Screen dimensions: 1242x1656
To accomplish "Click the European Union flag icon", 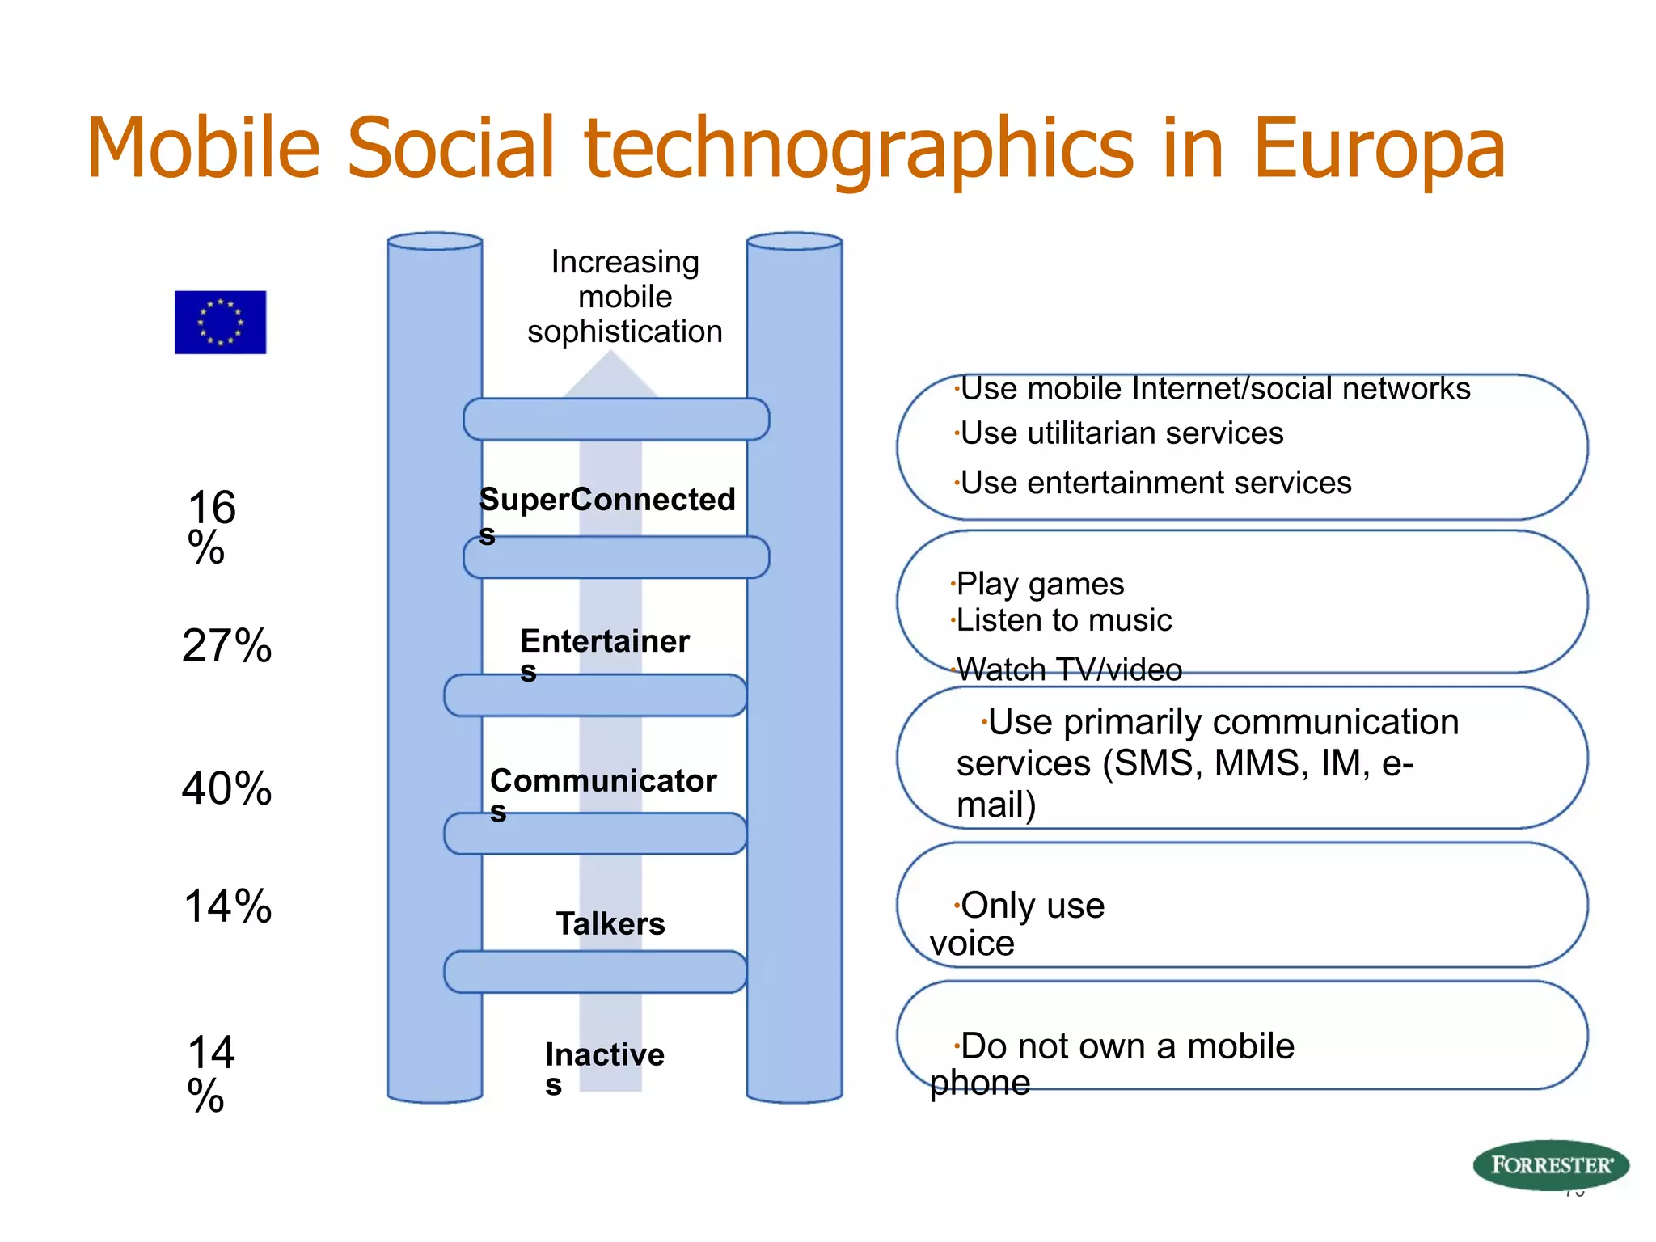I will [x=220, y=322].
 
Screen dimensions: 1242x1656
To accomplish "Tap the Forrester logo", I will [x=1550, y=1165].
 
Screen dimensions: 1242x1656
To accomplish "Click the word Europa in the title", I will [x=1379, y=150].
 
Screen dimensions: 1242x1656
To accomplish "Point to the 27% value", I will [x=226, y=646].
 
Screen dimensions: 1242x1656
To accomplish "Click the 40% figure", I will [x=226, y=788].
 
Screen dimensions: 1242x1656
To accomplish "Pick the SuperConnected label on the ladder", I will [x=607, y=501].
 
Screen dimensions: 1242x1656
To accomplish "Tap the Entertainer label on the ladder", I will [x=605, y=642].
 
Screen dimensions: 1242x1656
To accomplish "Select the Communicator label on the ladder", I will [x=603, y=781].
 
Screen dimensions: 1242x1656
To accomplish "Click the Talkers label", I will [x=610, y=923].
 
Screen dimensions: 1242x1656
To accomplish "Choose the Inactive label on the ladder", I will [x=605, y=1055].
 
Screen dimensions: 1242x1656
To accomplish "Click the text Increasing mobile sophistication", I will [x=625, y=297].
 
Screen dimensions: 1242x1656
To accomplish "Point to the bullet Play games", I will [x=1040, y=584].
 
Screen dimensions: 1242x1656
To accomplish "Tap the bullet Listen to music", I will [x=1063, y=621].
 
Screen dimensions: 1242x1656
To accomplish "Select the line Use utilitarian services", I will [x=1122, y=434].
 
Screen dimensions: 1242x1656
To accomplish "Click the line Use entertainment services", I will [x=1155, y=484].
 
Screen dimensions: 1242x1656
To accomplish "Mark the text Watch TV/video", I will [x=1069, y=670].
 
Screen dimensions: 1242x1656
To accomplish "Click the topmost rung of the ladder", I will [x=616, y=419].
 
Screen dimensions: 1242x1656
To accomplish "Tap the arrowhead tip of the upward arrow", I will [x=611, y=356].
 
